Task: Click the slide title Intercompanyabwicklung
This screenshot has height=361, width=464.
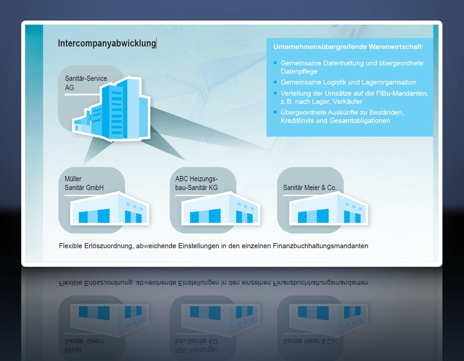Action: click(x=107, y=43)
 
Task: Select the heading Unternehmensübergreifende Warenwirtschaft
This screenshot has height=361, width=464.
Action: click(x=347, y=47)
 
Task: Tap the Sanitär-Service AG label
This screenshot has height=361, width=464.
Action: click(x=86, y=83)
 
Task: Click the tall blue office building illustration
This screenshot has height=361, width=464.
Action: click(x=111, y=109)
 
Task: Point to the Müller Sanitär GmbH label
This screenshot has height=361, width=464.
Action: click(x=84, y=183)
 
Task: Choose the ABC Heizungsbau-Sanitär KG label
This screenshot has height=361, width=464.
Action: click(x=196, y=183)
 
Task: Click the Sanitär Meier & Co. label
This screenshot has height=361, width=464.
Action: click(x=309, y=188)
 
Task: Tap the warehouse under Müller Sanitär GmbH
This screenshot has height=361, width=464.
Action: click(x=109, y=208)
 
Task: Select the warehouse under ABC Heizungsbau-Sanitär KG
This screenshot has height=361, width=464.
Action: click(x=221, y=208)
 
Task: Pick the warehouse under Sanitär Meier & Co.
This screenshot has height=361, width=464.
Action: click(x=328, y=208)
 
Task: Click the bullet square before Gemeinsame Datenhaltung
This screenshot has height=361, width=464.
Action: click(x=275, y=63)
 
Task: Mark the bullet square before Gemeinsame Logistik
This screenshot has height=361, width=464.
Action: click(x=275, y=82)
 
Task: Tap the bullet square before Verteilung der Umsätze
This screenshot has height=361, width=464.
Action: click(x=275, y=93)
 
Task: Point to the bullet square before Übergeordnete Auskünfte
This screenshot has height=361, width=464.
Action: click(x=275, y=112)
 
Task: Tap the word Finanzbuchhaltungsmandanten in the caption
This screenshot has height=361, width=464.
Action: click(x=321, y=246)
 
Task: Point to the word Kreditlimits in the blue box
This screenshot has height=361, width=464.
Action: click(x=297, y=121)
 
